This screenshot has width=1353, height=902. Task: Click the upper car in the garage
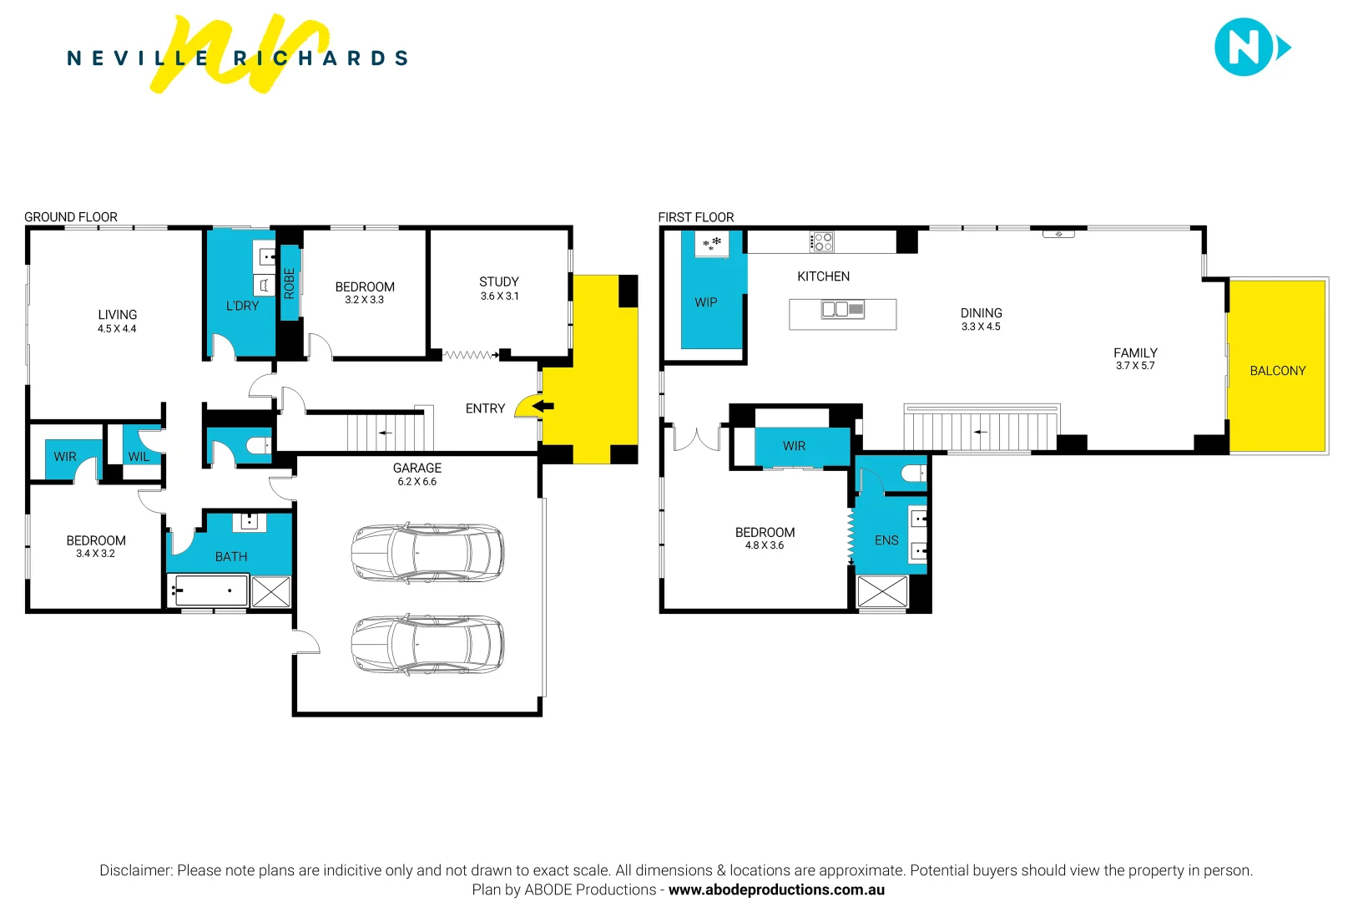point(427,553)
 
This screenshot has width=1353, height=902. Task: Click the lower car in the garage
point(427,645)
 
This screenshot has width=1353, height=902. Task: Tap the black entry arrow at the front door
point(543,407)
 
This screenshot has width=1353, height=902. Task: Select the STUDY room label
point(499,282)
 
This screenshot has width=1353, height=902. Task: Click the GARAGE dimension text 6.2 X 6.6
point(417,482)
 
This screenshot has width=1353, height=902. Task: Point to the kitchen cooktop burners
point(822,242)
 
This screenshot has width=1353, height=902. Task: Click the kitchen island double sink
point(842,310)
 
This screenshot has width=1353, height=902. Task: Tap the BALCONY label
point(1277,371)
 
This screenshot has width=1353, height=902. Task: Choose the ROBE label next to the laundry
point(290,283)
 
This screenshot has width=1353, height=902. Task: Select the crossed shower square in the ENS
point(882,591)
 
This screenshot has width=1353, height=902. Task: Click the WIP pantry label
point(706,302)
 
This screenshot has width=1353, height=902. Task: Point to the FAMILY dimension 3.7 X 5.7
point(1135,366)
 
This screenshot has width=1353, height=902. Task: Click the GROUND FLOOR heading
point(71,217)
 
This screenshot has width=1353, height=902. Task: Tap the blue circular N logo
point(1244,48)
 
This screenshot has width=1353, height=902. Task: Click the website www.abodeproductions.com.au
point(776,890)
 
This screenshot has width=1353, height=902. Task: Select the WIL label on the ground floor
point(139,457)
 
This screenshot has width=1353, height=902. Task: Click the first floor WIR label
point(794,446)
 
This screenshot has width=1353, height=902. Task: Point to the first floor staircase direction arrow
point(980,432)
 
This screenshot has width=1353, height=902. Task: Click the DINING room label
point(981,313)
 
